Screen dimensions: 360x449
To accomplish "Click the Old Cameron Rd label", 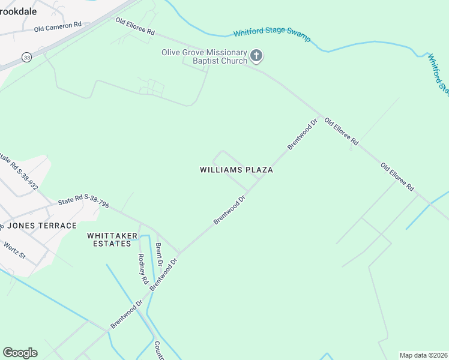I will pos(58,27).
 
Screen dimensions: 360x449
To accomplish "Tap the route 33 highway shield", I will pos(26,56).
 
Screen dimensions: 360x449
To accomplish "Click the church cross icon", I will pos(256,57).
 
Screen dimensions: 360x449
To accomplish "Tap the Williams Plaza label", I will pos(236,170).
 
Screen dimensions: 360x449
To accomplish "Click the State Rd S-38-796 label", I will pos(83,202).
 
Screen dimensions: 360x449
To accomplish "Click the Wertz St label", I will pos(14,250).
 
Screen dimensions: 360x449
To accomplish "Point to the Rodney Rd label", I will pos(142,268).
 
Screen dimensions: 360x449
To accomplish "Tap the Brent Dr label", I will pos(159,254).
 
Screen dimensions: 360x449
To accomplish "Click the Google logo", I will pos(20,353).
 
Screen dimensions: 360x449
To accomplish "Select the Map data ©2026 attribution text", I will pos(423,355).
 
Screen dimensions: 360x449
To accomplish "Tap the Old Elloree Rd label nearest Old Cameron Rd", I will pos(135,26).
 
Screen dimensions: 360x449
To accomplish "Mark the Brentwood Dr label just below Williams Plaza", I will pos(231,210).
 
